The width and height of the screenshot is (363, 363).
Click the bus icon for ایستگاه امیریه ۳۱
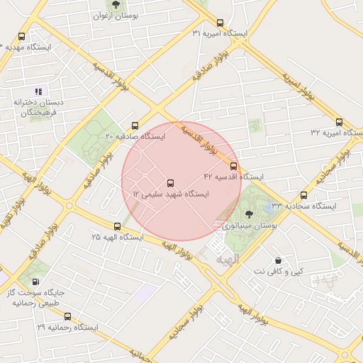[220, 23]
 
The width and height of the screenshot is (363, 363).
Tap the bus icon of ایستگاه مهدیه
[21, 36]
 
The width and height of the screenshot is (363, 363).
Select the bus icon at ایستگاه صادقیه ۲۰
[135, 124]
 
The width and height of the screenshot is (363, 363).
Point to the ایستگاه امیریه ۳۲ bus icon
[340, 121]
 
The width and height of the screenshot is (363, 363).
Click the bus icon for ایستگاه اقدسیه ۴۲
[234, 165]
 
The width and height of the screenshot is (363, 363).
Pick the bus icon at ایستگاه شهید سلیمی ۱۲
[169, 183]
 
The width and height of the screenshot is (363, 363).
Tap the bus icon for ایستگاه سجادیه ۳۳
[304, 195]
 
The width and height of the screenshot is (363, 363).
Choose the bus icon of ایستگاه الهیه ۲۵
[117, 226]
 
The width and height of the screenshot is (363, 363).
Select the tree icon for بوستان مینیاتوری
[248, 214]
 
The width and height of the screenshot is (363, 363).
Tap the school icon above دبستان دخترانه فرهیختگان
[38, 91]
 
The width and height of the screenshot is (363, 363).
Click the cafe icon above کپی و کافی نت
[277, 260]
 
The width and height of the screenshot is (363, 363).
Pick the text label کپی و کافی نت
[278, 272]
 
